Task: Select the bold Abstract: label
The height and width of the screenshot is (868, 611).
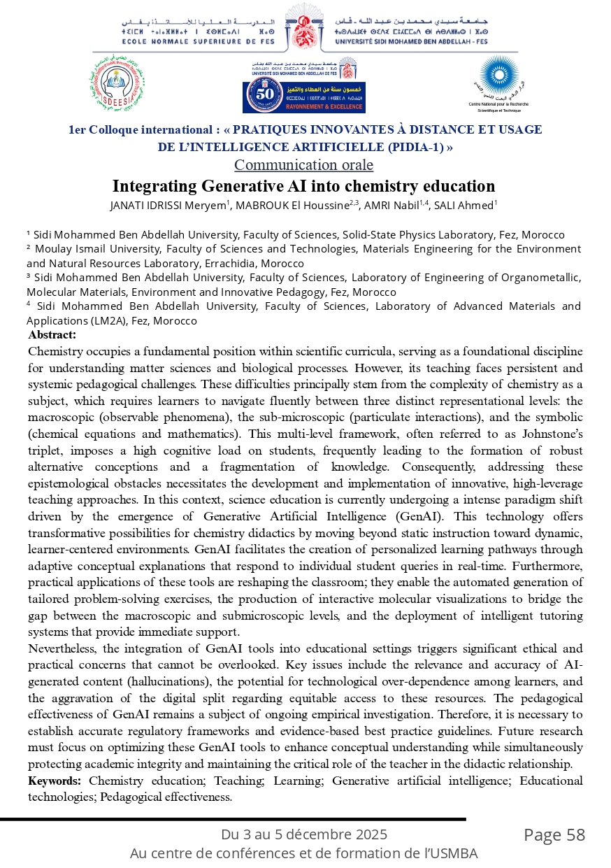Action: click(52, 335)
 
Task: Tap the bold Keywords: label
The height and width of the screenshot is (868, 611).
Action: click(55, 781)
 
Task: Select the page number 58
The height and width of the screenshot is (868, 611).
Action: click(575, 835)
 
